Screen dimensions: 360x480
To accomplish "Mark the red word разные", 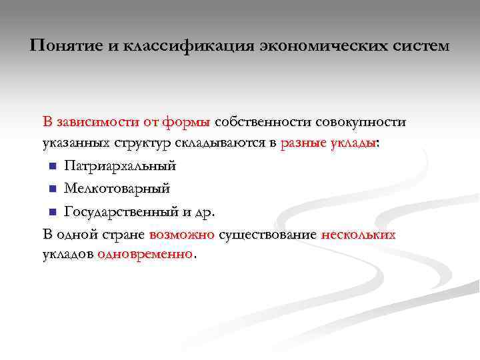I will (x=304, y=144).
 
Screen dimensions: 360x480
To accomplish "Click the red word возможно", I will (x=181, y=235).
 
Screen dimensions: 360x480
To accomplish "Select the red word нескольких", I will (x=358, y=235).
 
